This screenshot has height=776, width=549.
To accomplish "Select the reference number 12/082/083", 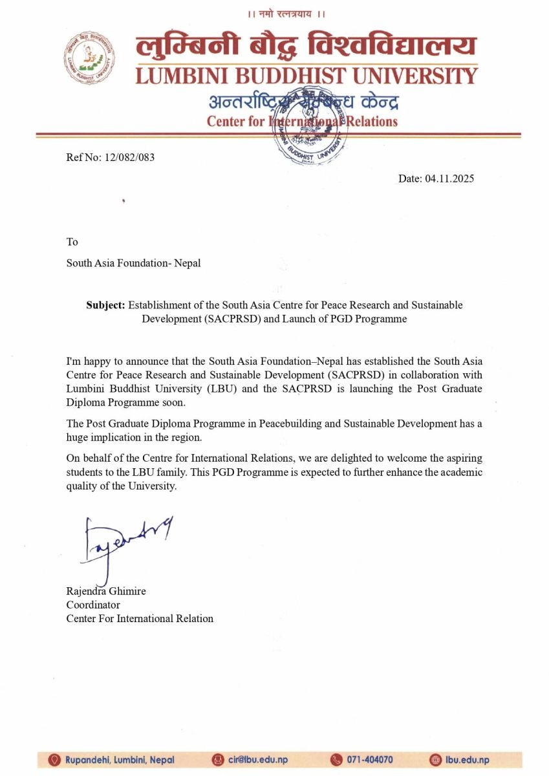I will pyautogui.click(x=129, y=157).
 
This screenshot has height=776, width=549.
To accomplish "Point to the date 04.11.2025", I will pyautogui.click(x=449, y=178).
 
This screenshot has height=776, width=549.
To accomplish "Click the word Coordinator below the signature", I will pyautogui.click(x=93, y=605).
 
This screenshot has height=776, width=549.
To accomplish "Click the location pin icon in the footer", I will pyautogui.click(x=55, y=760).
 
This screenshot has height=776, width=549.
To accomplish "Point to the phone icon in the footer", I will pyautogui.click(x=336, y=760).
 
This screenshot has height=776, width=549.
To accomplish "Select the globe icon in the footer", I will pyautogui.click(x=435, y=760).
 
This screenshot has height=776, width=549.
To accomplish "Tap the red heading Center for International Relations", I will pyautogui.click(x=302, y=121).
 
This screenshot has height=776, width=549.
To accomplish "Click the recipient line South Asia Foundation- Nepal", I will pyautogui.click(x=134, y=263).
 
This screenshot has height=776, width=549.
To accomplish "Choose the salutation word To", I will pyautogui.click(x=72, y=242).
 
